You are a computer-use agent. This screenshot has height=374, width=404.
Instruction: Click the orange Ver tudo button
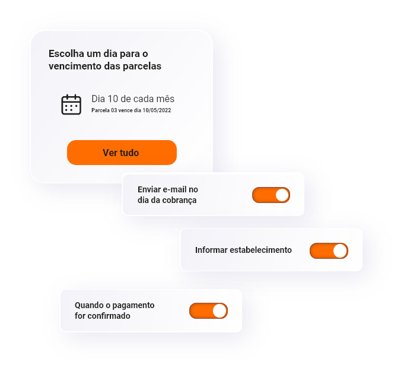tap(122, 153)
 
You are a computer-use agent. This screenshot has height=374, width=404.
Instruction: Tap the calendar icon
tap(71, 104)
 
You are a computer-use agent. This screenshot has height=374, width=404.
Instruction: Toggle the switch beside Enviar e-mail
tap(271, 195)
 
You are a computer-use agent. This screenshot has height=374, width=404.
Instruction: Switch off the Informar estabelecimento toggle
tap(329, 251)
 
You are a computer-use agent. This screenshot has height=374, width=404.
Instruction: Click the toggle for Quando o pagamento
tap(208, 310)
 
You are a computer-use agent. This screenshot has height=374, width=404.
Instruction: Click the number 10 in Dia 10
tap(113, 99)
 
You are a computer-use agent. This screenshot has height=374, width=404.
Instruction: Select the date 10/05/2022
tap(157, 110)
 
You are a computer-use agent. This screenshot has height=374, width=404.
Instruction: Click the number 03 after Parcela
tap(114, 110)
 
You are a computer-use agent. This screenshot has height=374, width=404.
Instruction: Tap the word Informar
tap(211, 250)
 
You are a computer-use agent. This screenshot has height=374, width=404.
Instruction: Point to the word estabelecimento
tap(260, 250)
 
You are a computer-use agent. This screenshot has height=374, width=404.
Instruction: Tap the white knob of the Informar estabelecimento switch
tap(340, 251)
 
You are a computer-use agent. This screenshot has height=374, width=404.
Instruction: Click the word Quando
tap(89, 305)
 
